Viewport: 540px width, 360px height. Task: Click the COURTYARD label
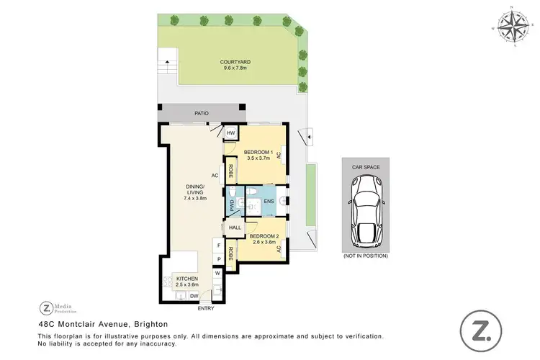[235, 62]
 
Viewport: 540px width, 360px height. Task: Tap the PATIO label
[201, 114]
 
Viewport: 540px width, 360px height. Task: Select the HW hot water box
[231, 133]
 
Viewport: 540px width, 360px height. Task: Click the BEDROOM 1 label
[258, 152]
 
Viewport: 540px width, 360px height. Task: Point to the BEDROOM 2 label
[264, 236]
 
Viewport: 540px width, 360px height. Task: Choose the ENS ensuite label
[269, 201]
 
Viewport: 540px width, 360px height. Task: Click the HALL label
[235, 228]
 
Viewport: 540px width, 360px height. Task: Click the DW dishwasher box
[194, 296]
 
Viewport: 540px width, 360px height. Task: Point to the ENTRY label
[207, 309]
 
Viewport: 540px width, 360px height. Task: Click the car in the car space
[366, 209]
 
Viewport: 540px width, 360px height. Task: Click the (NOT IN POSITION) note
[366, 256]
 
